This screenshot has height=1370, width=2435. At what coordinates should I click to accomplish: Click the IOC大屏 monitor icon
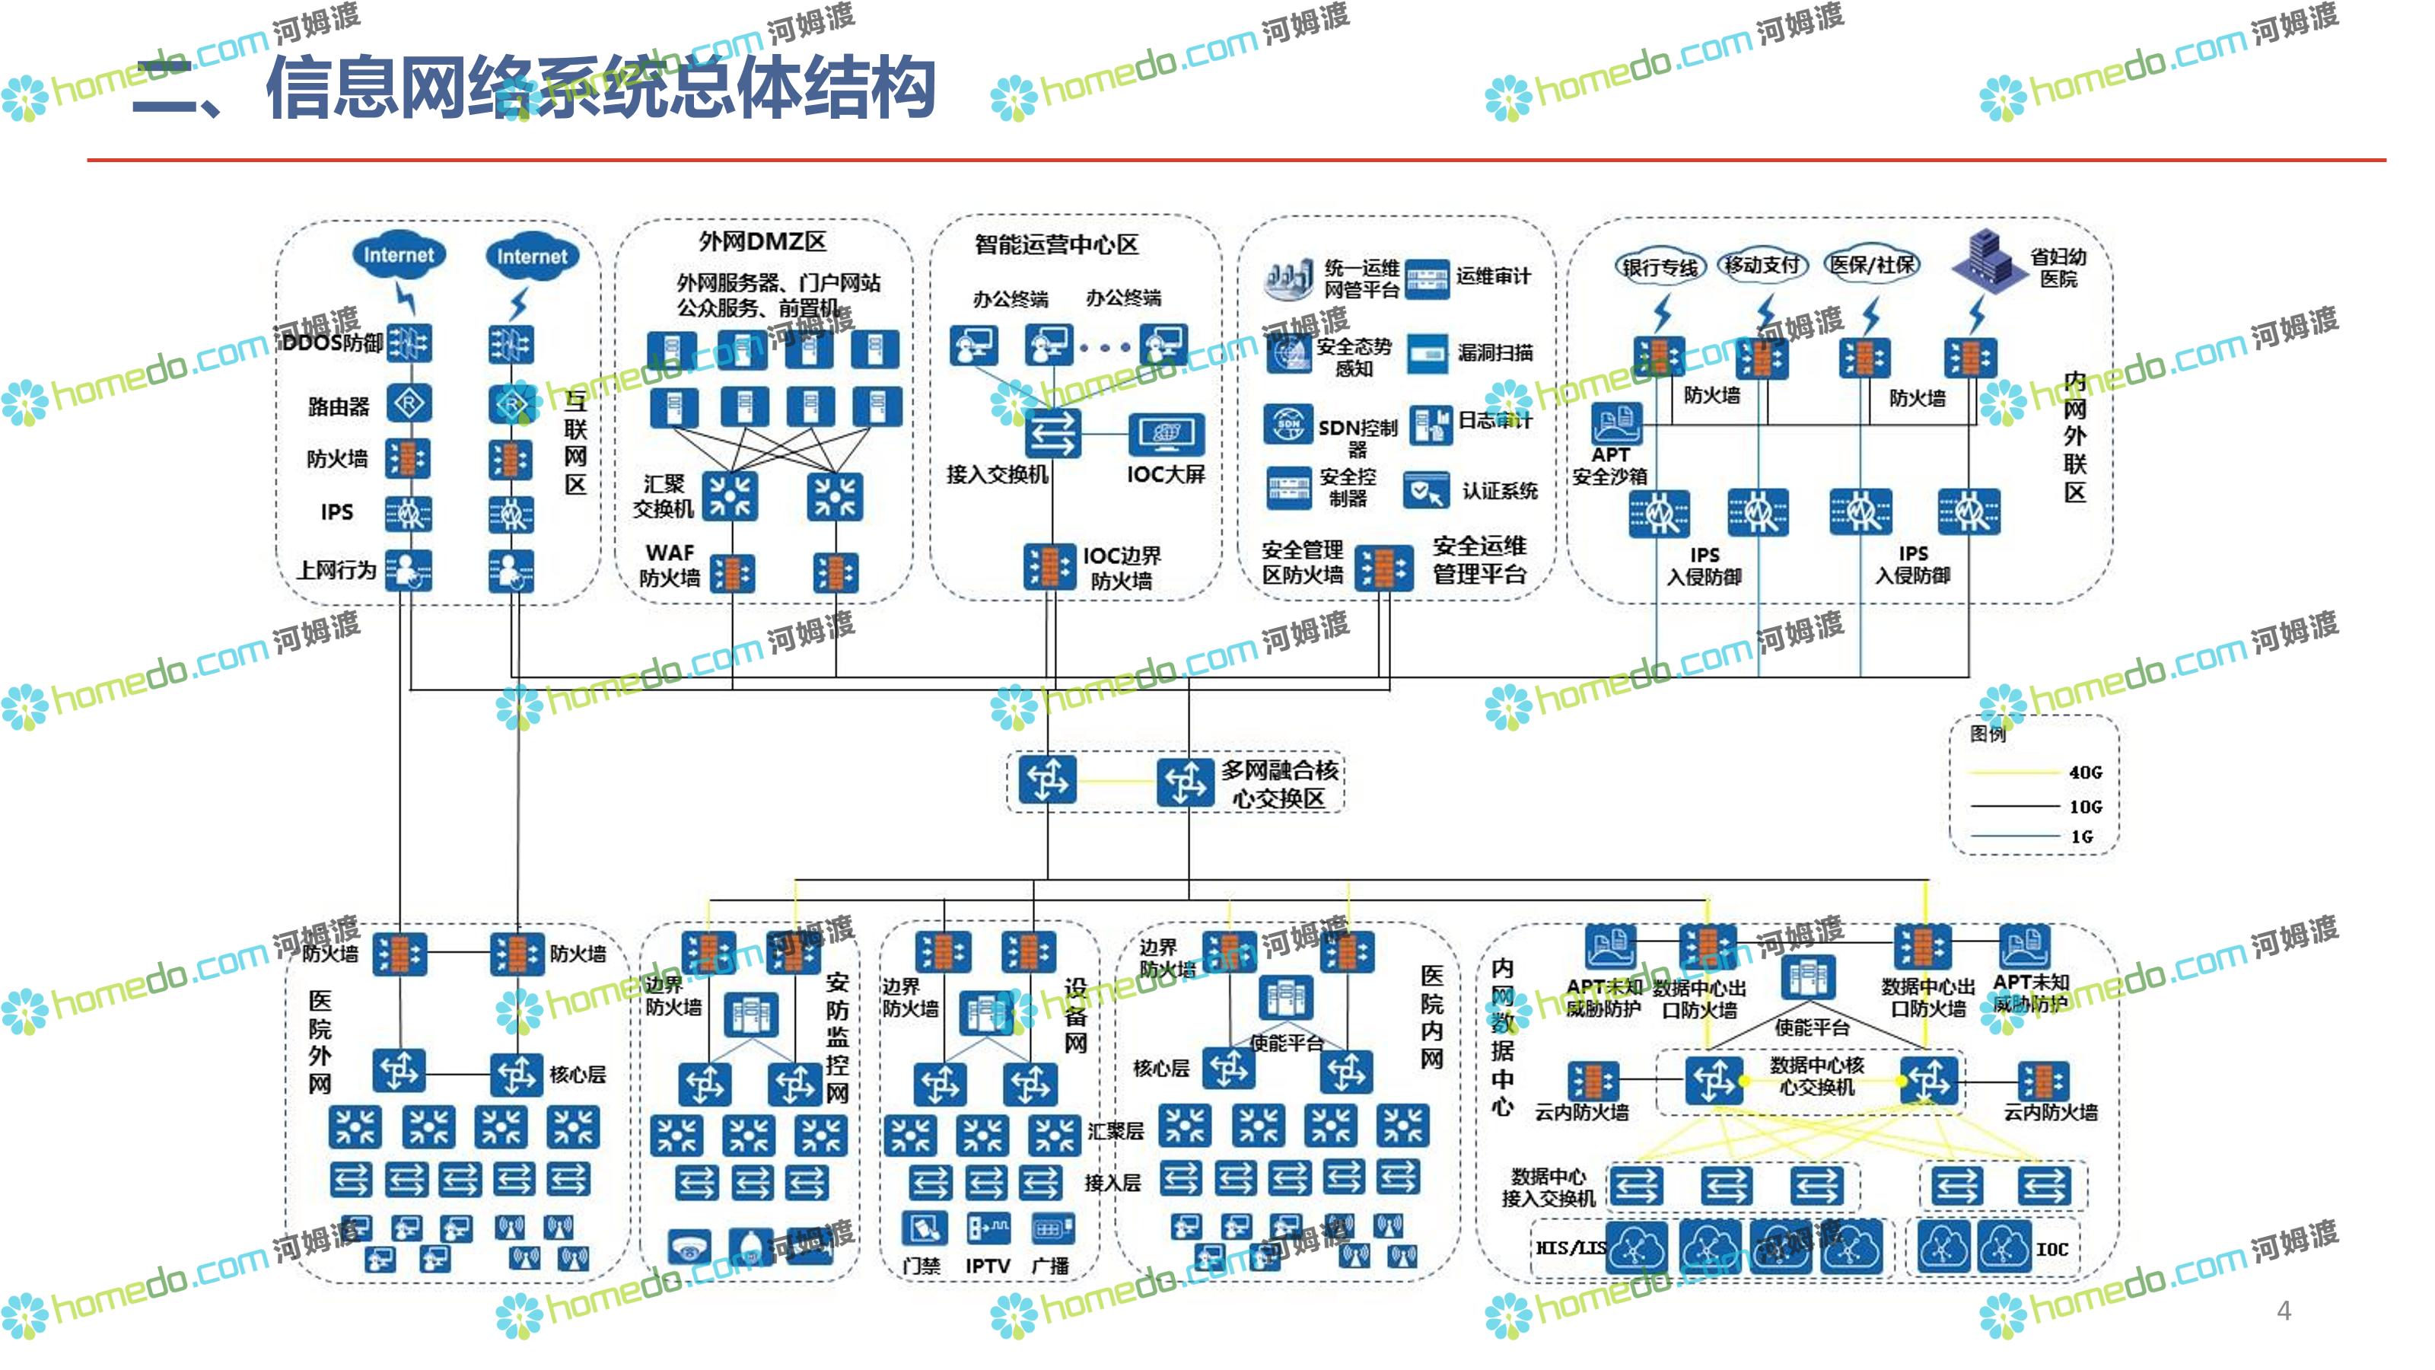[1167, 435]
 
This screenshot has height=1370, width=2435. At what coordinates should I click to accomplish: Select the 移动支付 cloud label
[1762, 266]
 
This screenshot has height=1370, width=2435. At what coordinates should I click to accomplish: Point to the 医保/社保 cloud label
[1873, 265]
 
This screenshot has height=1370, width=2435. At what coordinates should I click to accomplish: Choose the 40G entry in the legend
[2084, 773]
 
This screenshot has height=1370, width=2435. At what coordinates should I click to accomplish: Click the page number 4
[2284, 1311]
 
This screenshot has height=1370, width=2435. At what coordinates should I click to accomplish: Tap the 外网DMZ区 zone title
[762, 242]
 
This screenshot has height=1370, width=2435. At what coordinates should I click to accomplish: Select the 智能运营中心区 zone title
[1056, 245]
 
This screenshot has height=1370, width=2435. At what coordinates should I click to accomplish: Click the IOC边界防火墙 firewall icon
[1049, 566]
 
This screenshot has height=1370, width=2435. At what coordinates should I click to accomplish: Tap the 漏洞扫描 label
[1494, 352]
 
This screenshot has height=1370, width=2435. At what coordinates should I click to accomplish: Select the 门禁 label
[921, 1266]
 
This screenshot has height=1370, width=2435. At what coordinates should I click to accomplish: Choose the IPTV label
[988, 1266]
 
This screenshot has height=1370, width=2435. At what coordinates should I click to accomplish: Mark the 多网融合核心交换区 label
[1278, 784]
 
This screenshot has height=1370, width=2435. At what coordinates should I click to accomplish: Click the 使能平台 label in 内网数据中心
[1811, 1027]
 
